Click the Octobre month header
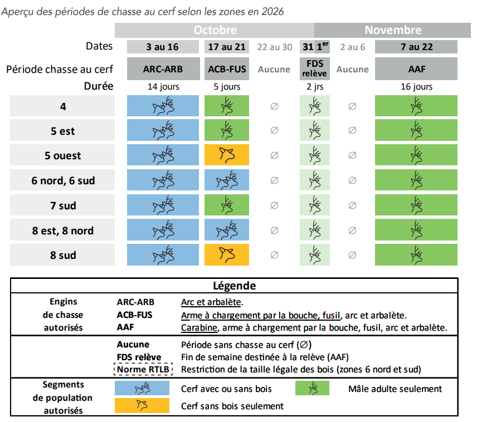point(215,30)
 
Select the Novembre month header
point(393,30)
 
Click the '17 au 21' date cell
point(227,47)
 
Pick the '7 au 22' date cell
point(416,47)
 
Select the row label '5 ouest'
point(62,156)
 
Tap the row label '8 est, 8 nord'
point(62,230)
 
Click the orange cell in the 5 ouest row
point(227,156)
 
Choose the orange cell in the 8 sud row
point(227,255)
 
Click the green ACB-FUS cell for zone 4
point(227,106)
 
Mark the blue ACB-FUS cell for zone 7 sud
point(227,205)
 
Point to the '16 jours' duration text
point(416,86)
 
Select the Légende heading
point(235,286)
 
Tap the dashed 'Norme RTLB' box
point(143,369)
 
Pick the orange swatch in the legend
point(143,405)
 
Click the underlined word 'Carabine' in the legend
point(198,327)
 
